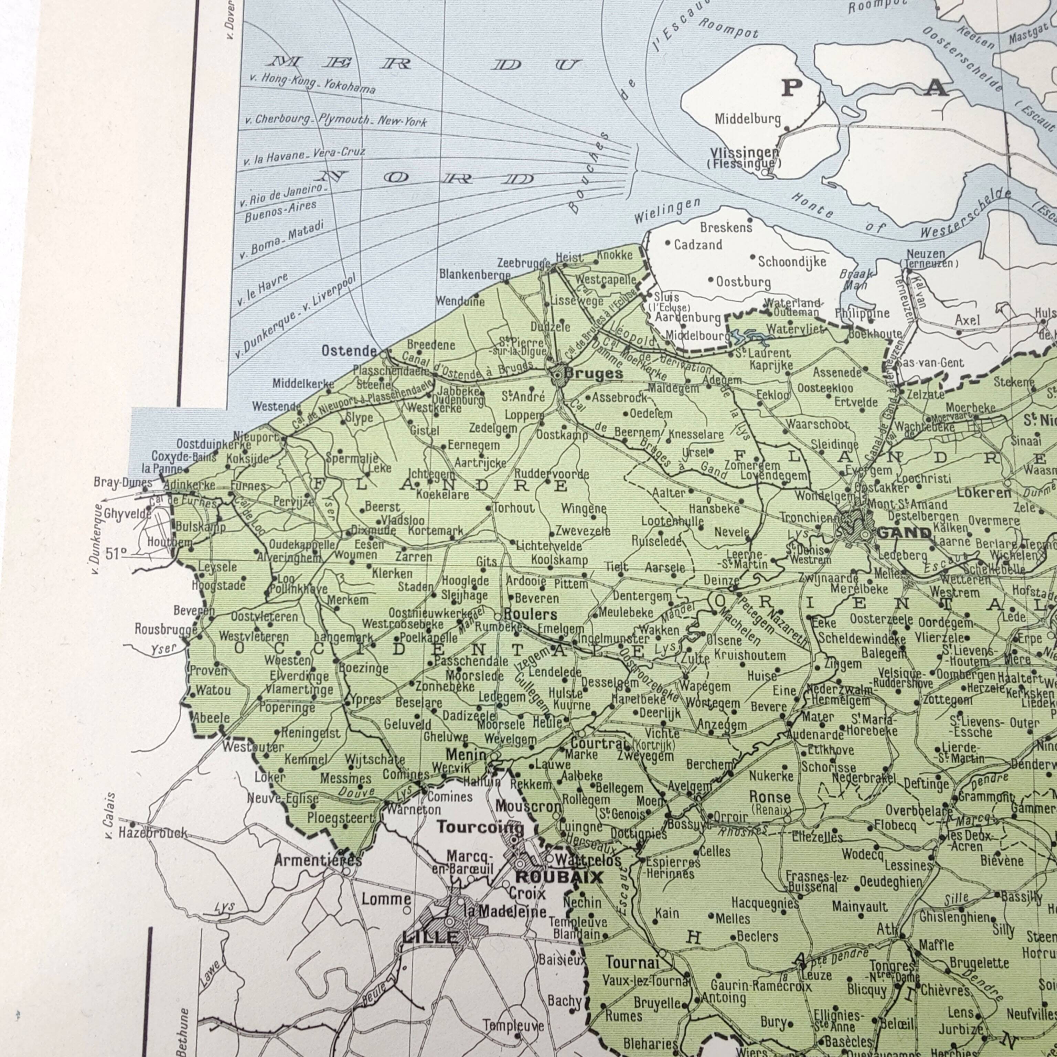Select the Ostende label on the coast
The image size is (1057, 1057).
[349, 351]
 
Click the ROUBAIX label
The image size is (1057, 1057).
[559, 877]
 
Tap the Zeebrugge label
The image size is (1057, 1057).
[524, 263]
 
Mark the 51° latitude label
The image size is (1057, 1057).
[116, 553]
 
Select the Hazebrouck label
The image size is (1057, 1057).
[153, 834]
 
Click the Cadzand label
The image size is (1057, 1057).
[697, 245]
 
